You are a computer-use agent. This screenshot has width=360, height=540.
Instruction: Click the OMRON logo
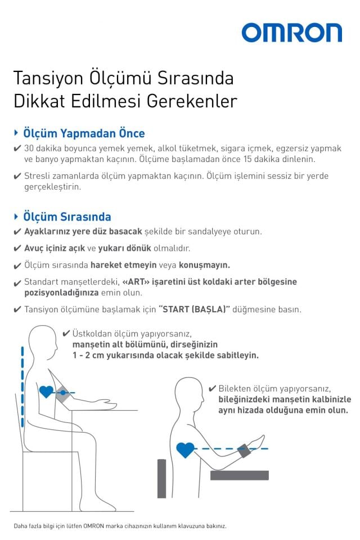tap(291, 33)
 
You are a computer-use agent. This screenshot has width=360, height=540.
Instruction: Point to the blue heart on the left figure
tap(46, 391)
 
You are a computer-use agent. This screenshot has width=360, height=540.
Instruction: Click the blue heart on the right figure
tap(185, 449)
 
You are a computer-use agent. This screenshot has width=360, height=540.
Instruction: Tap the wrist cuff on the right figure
tap(245, 450)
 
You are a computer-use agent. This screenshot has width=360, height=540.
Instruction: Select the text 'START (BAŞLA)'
tap(195, 309)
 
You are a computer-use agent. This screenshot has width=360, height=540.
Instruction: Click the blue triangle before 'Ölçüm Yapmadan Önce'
tap(16, 133)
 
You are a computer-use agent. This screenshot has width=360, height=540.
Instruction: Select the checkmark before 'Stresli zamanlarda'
tap(17, 176)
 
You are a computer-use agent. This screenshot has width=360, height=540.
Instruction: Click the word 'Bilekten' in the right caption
tap(236, 388)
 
